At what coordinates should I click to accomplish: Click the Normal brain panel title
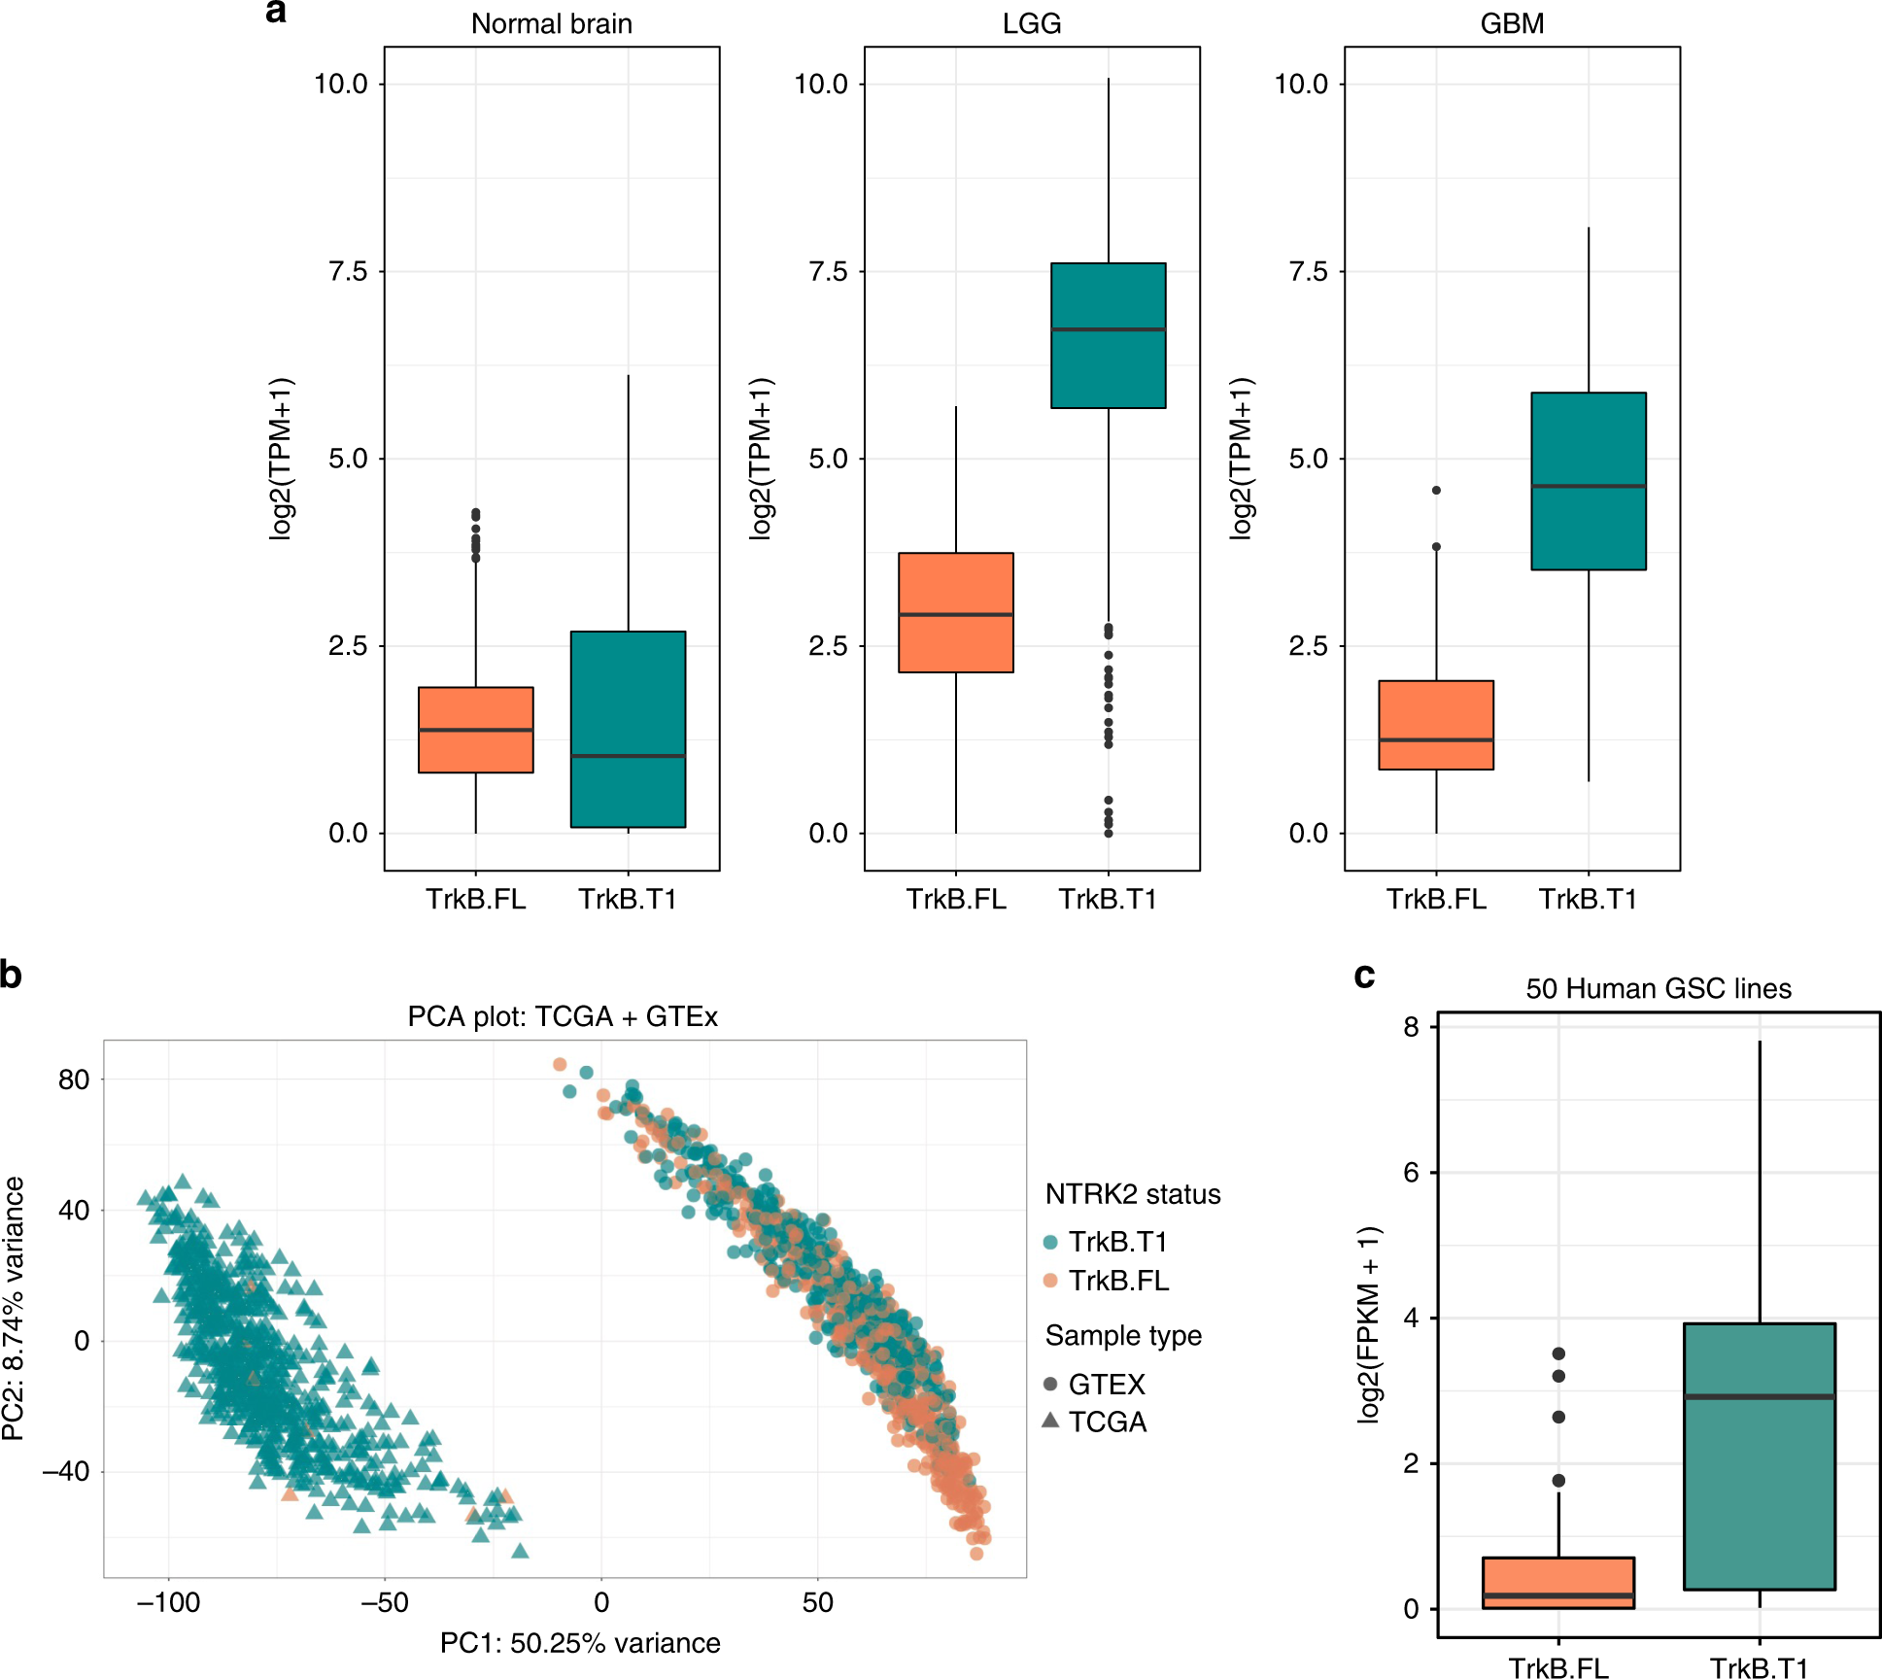[551, 23]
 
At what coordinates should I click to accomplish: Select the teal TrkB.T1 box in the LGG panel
[1108, 335]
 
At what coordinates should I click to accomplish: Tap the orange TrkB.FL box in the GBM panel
[1435, 725]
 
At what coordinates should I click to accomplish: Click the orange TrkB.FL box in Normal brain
[475, 730]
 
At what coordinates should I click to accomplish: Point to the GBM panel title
[1512, 23]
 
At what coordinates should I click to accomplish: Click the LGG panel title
[1031, 23]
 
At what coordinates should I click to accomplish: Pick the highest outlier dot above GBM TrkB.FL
[1436, 491]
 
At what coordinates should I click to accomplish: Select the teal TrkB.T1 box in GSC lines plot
[1759, 1456]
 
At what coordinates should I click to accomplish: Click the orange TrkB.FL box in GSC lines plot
[1557, 1583]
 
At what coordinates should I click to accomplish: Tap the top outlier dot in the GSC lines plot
[1558, 1353]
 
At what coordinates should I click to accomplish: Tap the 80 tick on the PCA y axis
[74, 1079]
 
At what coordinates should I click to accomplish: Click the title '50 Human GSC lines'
[1658, 989]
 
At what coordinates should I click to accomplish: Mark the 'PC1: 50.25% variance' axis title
[580, 1643]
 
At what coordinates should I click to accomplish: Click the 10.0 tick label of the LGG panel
[821, 85]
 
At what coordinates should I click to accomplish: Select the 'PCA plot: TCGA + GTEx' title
[563, 1016]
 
